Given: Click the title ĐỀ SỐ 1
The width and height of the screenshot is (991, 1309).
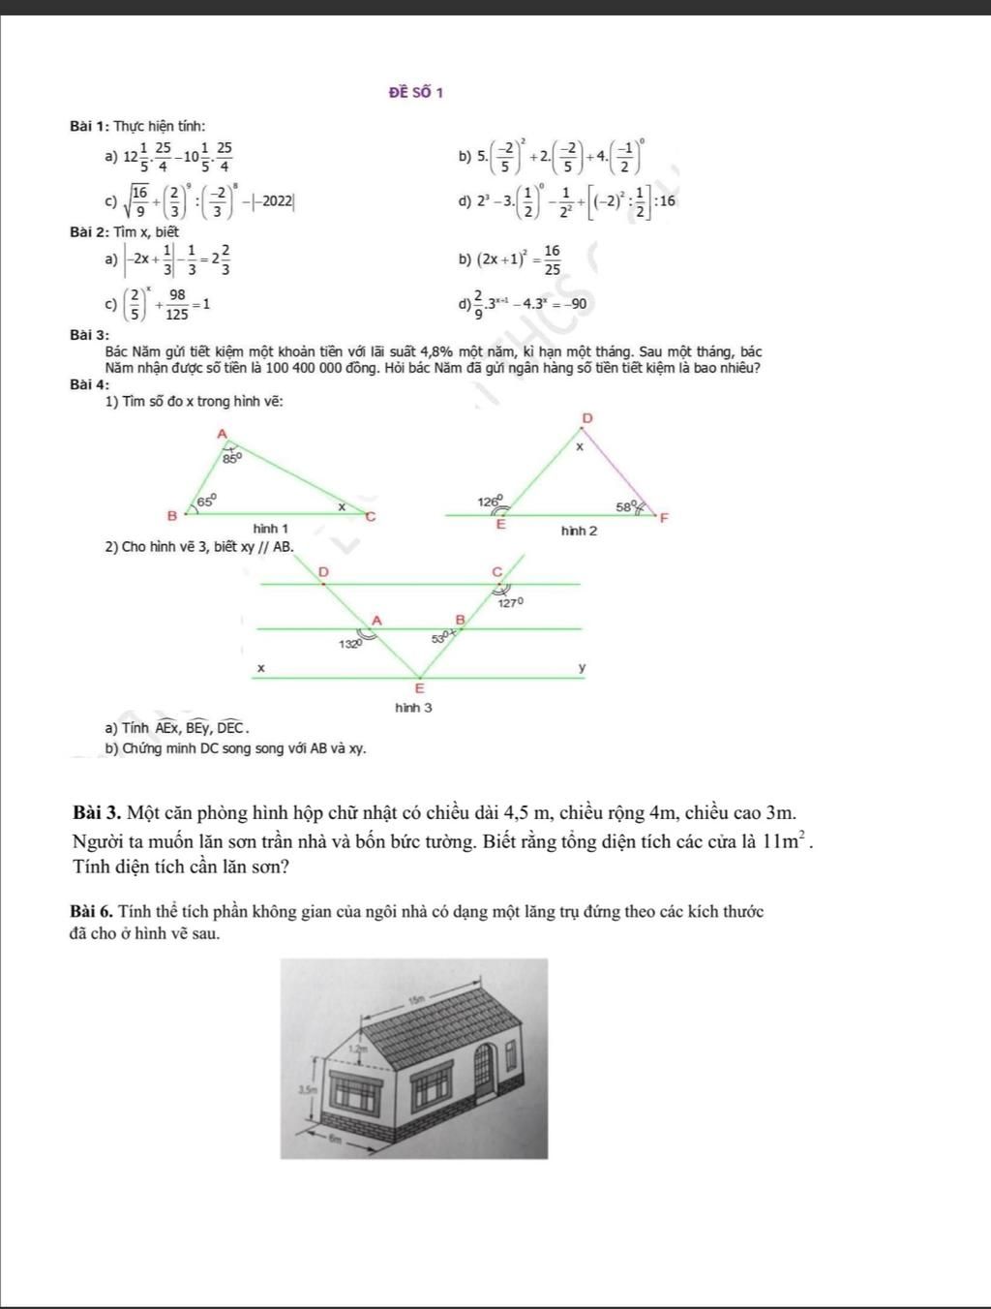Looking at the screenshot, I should [415, 93].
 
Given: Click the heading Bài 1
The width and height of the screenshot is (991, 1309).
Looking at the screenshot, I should [91, 126].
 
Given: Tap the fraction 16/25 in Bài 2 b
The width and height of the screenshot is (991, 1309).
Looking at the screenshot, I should [551, 259].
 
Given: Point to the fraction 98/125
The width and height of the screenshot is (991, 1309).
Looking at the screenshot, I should [176, 304].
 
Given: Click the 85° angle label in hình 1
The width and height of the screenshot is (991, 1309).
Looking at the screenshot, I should [231, 458].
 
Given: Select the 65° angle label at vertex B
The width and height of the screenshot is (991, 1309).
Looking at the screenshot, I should [206, 501].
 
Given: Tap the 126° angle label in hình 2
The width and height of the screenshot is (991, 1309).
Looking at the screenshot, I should [490, 502].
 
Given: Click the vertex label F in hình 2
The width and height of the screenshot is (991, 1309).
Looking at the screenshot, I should [664, 518].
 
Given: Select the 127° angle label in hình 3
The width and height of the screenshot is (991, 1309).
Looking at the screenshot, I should [511, 602].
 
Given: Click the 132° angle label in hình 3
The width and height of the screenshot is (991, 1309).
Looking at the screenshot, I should [349, 643].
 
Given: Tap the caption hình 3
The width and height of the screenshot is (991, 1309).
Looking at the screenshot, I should [413, 708].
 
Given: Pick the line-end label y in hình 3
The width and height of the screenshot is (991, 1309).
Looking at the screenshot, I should [582, 668].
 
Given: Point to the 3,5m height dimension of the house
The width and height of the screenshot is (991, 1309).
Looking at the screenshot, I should [305, 1089].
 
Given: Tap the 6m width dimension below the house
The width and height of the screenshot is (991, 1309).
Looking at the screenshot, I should [336, 1141].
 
